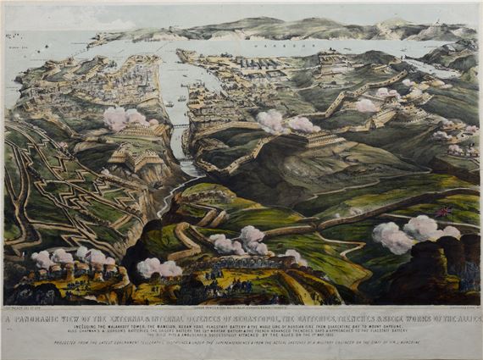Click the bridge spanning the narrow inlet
pyautogui.click(x=180, y=128)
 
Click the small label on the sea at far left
pyautogui.click(x=14, y=62)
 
